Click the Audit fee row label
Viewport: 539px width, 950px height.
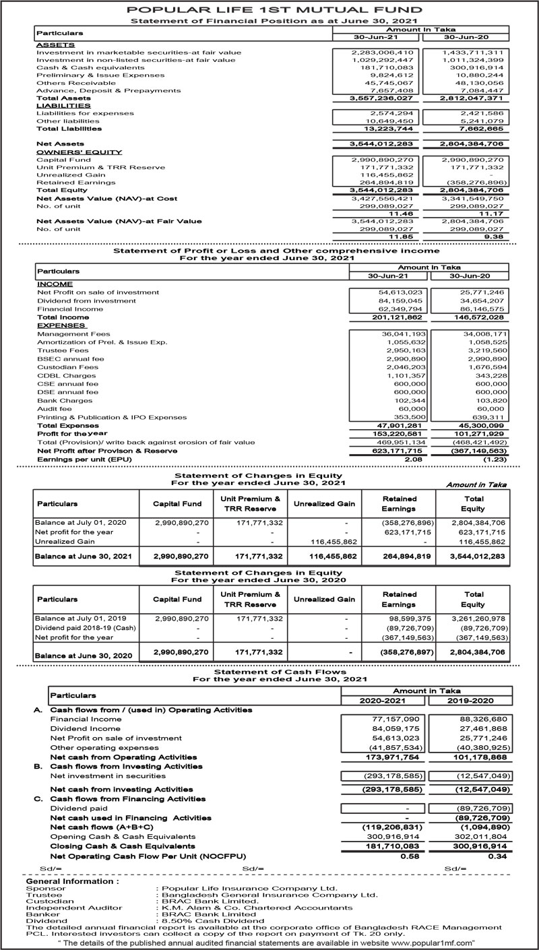55,408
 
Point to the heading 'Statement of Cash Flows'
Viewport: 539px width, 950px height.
269,671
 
